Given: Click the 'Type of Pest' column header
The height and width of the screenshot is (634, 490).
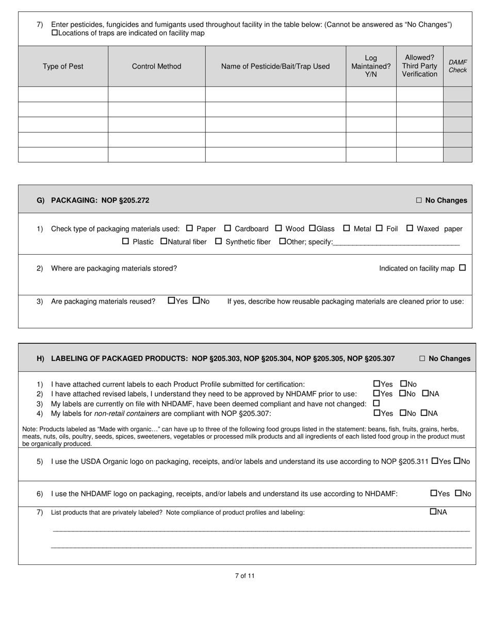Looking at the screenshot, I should [x=63, y=66].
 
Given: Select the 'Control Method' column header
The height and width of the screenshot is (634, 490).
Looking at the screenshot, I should [x=156, y=66].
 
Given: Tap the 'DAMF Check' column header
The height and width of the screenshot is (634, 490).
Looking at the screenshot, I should [x=458, y=66].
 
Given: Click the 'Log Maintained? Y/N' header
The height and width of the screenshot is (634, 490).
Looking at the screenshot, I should [x=371, y=66].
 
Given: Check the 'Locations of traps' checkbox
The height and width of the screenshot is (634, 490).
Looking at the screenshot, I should [x=55, y=33].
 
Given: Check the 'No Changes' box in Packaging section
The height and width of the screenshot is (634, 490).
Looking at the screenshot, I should [x=419, y=201].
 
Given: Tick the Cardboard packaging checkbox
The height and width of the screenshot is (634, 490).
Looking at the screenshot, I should [x=227, y=228].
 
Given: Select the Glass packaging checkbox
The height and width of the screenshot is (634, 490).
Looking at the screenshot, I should [x=312, y=228].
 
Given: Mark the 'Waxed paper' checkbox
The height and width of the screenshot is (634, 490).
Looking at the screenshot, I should [x=410, y=228].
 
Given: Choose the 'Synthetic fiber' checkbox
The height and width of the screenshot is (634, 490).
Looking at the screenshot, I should [x=218, y=241].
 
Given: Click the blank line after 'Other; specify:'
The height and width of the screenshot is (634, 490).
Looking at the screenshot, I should [x=396, y=242].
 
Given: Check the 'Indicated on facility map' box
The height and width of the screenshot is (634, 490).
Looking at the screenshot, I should [x=462, y=268].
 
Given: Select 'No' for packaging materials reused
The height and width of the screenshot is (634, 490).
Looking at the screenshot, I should [x=196, y=301].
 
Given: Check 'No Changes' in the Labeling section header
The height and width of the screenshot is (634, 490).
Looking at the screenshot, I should [x=422, y=359].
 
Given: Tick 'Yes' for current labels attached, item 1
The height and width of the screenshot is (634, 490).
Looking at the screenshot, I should [x=377, y=384].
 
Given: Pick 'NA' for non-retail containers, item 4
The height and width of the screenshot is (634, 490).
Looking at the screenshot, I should [x=424, y=413].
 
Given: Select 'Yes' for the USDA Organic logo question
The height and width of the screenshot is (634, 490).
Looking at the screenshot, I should [x=434, y=461].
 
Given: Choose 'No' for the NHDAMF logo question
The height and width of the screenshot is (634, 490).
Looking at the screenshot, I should [x=458, y=493].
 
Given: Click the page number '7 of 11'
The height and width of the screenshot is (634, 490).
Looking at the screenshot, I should [x=244, y=576].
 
